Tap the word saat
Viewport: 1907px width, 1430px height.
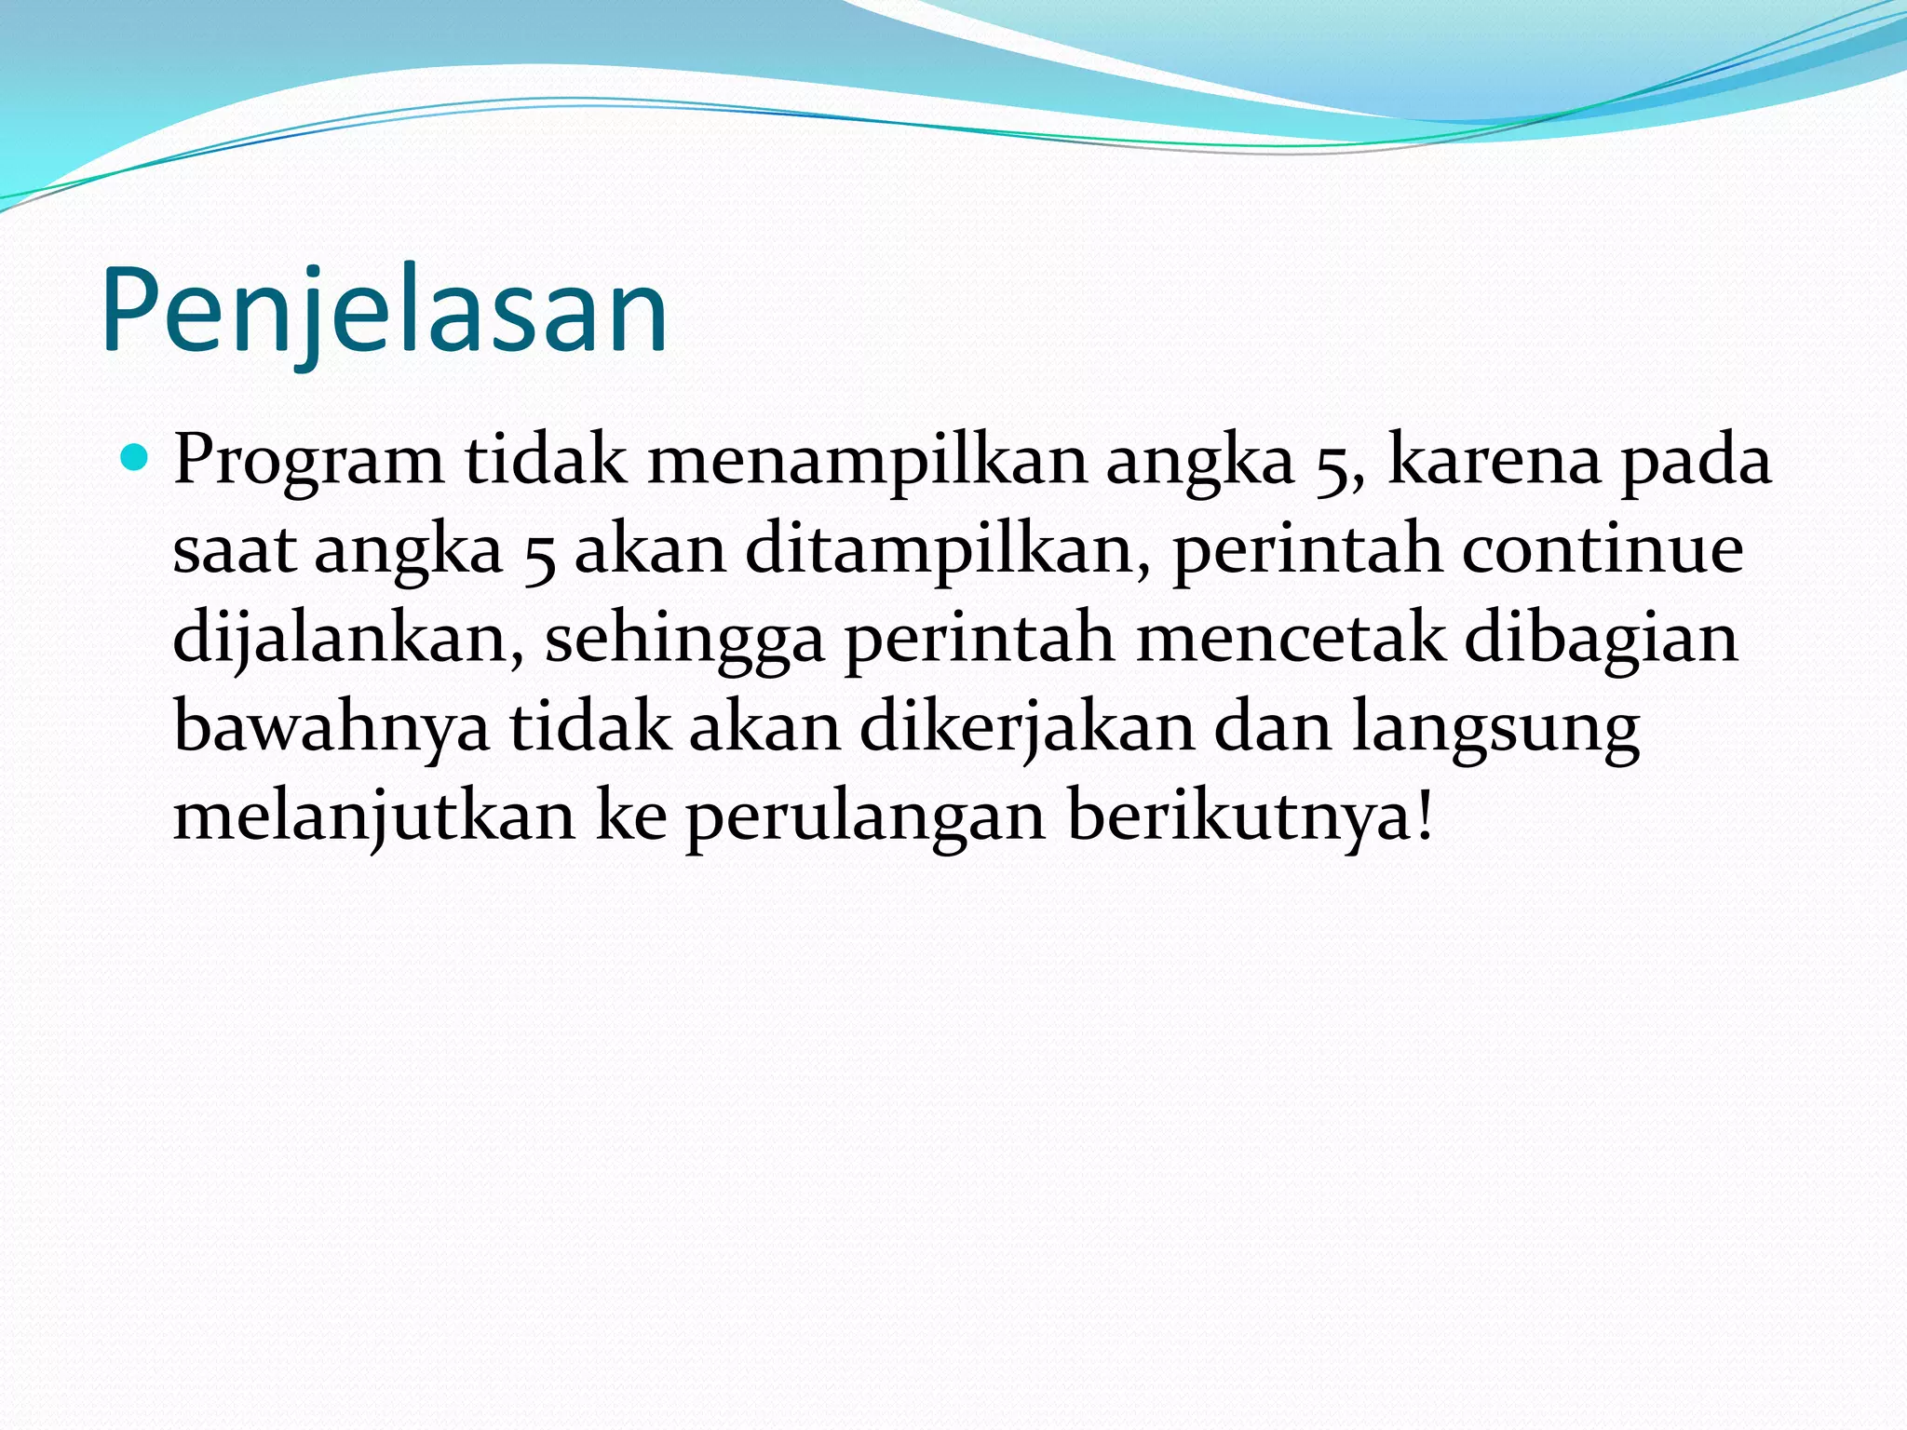point(234,550)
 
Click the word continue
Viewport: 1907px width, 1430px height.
point(1602,549)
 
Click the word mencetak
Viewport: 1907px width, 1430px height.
point(1291,639)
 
